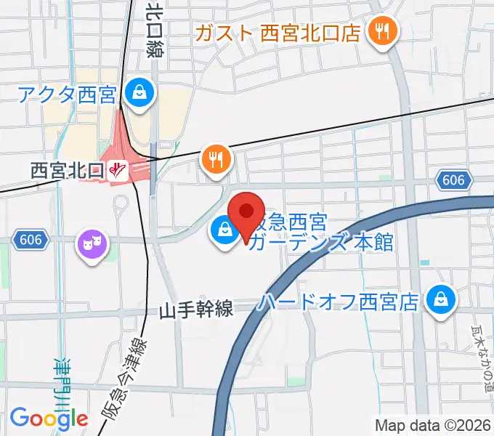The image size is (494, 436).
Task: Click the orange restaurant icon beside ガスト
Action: pos(381,31)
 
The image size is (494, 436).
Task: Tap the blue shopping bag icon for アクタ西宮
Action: pos(137,92)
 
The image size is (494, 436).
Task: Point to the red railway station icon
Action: pos(118,171)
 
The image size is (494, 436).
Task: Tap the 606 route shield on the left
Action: pos(30,239)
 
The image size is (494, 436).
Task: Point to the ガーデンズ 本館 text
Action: pos(320,243)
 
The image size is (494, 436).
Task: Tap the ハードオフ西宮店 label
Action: pos(339,302)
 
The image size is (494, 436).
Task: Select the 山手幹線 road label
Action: pos(196,310)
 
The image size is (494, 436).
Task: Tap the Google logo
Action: pos(49,419)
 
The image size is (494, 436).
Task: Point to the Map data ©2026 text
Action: pos(433,425)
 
